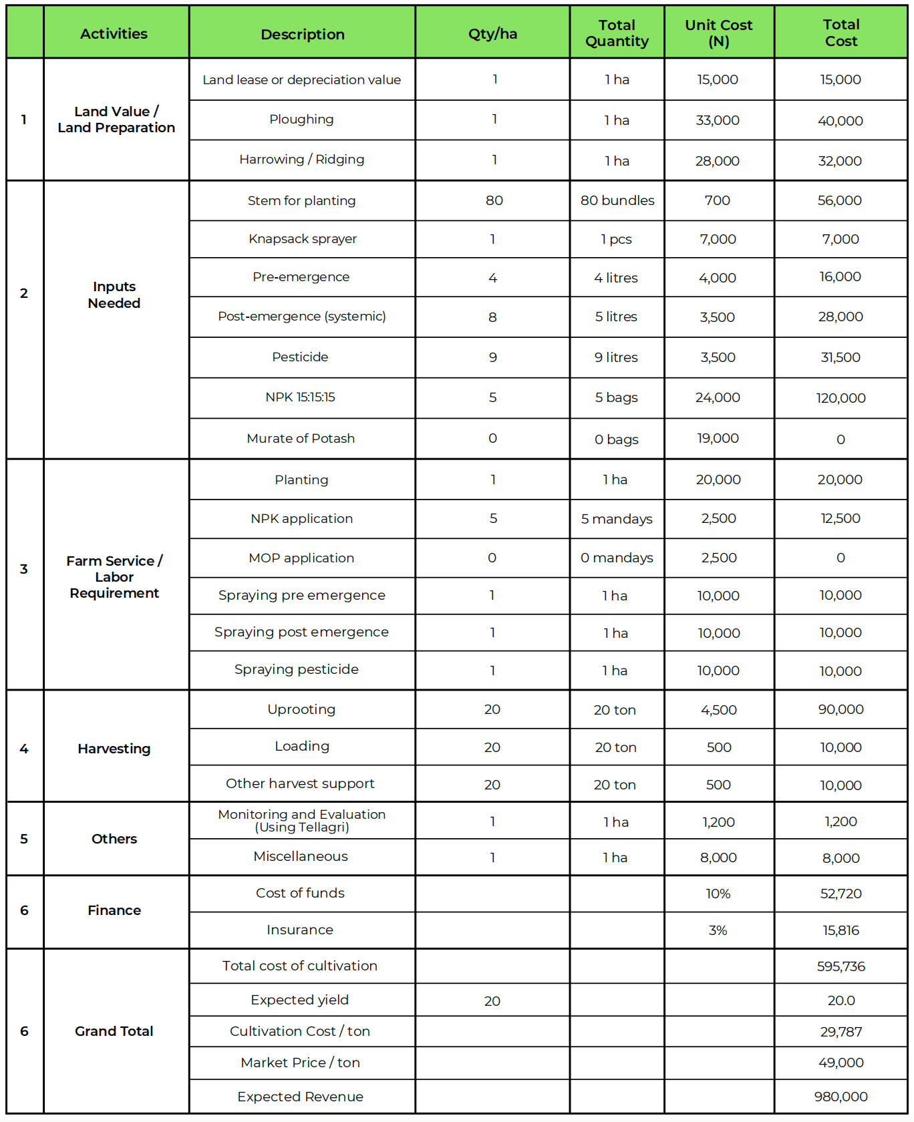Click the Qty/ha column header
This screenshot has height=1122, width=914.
492,34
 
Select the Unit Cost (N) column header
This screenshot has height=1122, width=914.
718,33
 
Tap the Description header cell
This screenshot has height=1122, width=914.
302,34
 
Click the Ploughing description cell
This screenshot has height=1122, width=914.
301,120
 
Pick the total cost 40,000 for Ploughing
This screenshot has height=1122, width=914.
840,121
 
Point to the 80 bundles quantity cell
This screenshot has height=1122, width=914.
617,200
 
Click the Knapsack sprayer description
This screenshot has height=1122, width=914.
302,239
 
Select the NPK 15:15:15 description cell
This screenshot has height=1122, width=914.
300,397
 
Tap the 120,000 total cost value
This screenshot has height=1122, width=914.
840,398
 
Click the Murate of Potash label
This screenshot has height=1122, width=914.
301,439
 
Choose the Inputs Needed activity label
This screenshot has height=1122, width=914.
114,295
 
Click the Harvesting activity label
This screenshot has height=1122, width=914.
114,749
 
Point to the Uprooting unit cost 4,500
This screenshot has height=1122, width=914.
718,710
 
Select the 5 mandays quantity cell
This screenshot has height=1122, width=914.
616,519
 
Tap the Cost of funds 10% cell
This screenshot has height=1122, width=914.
718,894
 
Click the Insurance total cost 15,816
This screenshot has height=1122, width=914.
841,930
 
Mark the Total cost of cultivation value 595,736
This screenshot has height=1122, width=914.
841,966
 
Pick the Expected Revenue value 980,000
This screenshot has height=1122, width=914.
841,1097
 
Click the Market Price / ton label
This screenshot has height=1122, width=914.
300,1063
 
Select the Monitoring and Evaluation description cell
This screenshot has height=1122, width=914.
301,821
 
